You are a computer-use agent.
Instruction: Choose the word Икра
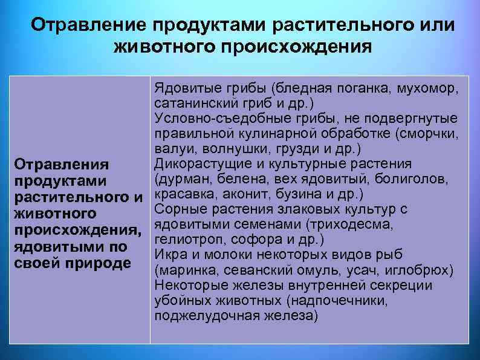point(167,255)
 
